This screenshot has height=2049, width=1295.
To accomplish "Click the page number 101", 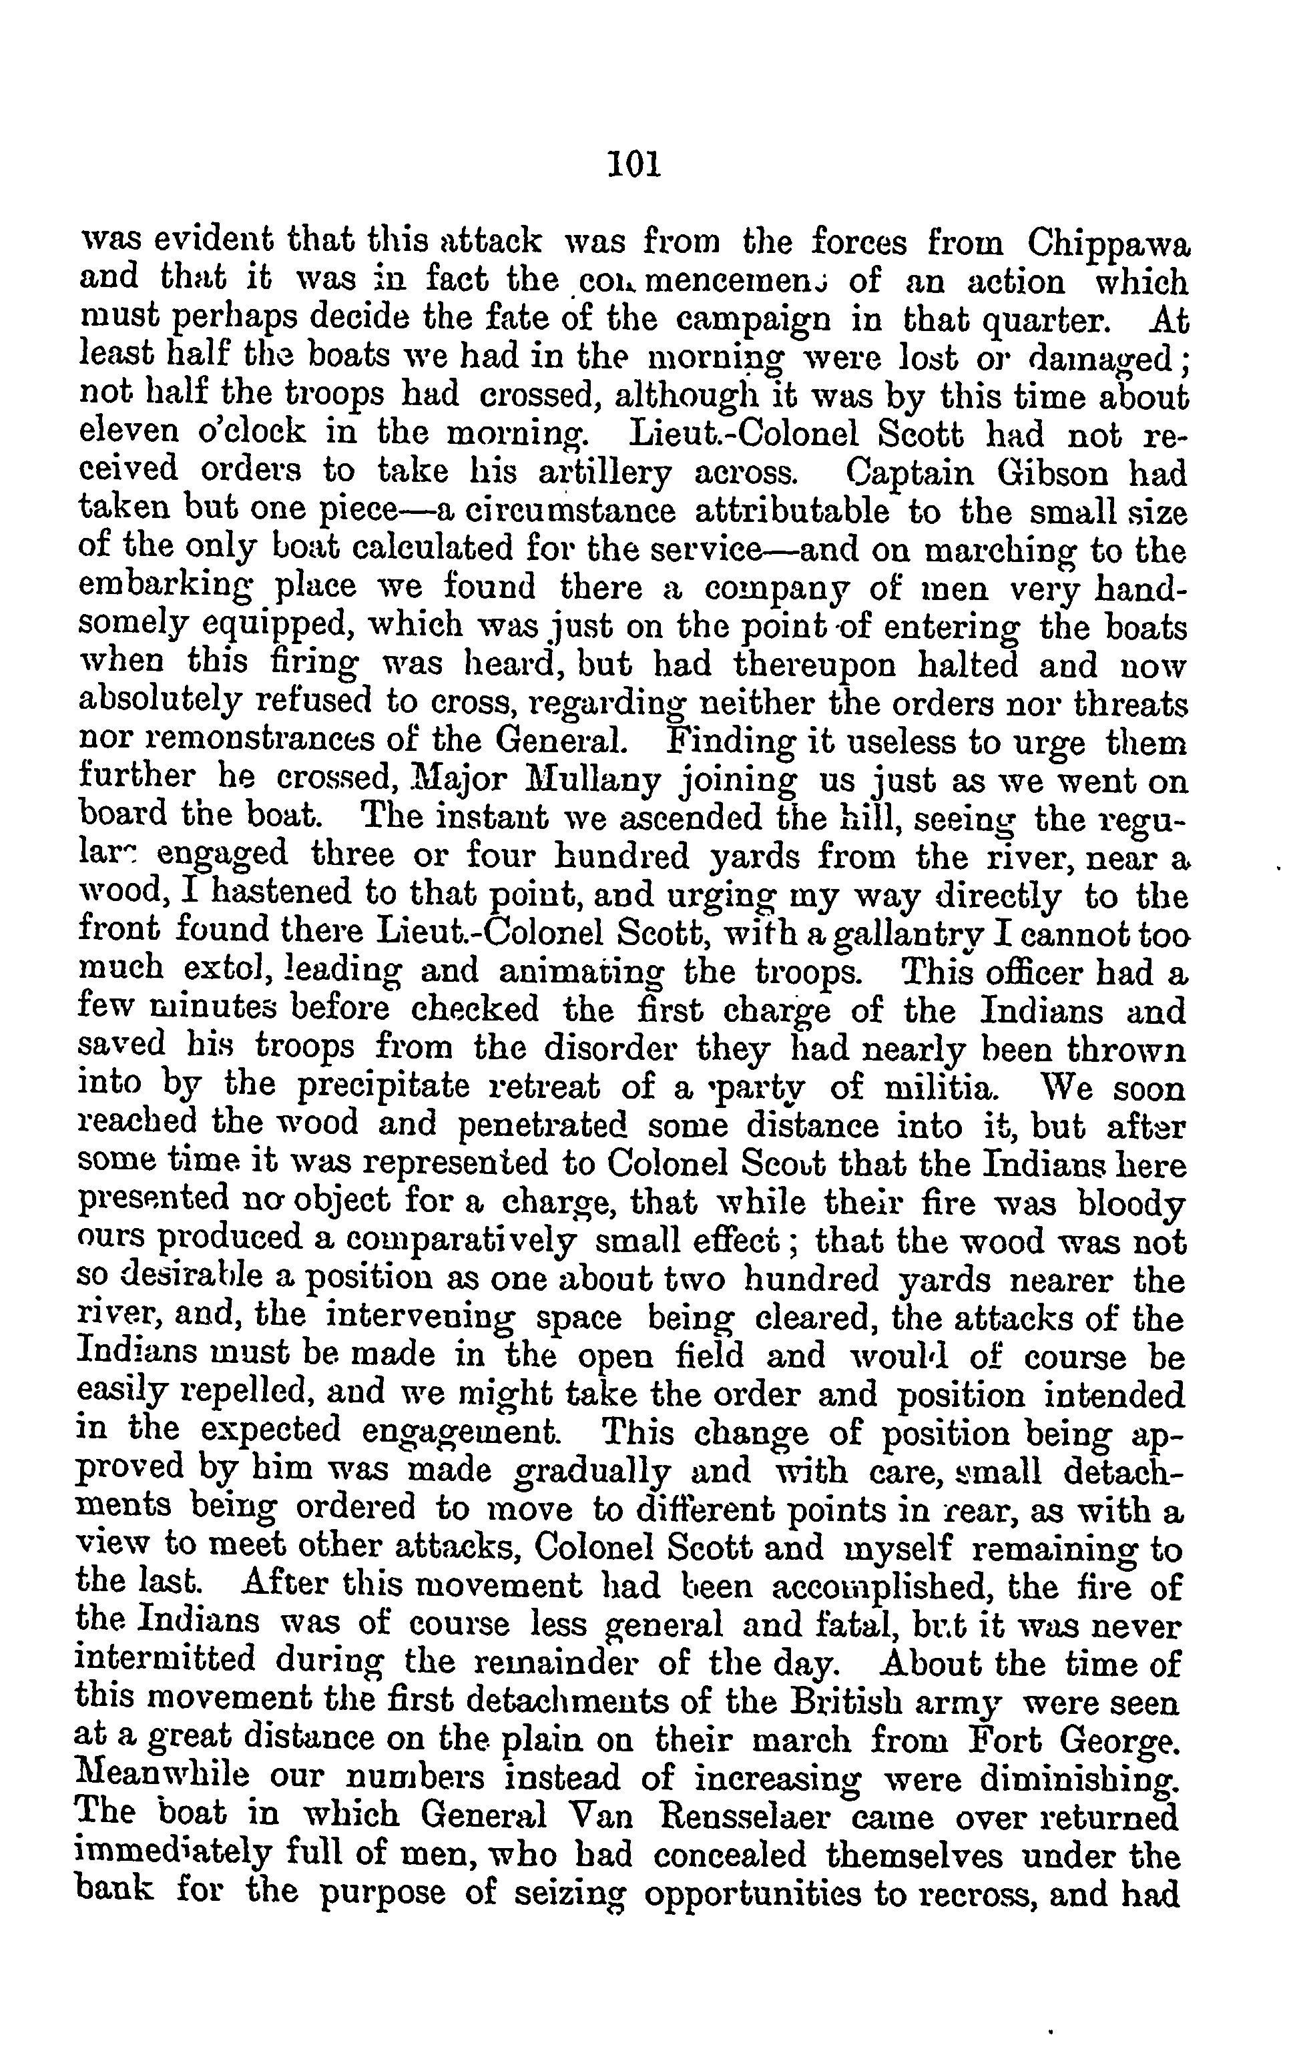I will tap(635, 164).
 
